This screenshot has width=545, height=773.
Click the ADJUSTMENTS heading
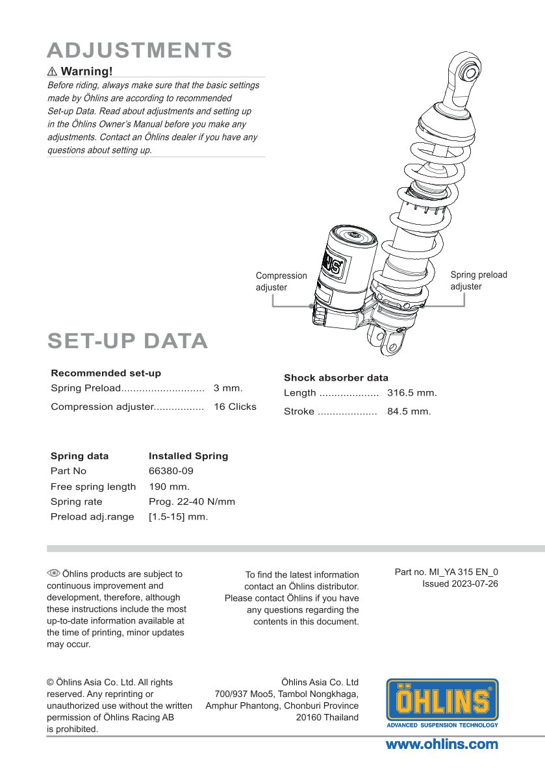pyautogui.click(x=140, y=50)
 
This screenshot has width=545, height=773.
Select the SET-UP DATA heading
pyautogui.click(x=127, y=341)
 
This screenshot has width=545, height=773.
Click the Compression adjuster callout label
pyautogui.click(x=281, y=281)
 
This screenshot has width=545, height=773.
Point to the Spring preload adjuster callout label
pyautogui.click(x=479, y=281)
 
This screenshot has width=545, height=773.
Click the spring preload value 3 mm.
pyautogui.click(x=227, y=388)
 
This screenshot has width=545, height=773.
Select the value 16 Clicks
pyautogui.click(x=234, y=407)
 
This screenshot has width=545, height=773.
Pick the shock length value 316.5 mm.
pyautogui.click(x=412, y=393)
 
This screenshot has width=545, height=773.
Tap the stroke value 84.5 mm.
pyautogui.click(x=409, y=411)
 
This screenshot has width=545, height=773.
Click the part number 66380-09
pyautogui.click(x=171, y=471)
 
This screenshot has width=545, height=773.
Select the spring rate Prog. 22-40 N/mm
pyautogui.click(x=192, y=502)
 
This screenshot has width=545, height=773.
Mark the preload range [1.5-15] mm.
pyautogui.click(x=178, y=517)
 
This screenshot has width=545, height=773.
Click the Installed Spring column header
pyautogui.click(x=188, y=456)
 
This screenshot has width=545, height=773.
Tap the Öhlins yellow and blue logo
pyautogui.click(x=442, y=703)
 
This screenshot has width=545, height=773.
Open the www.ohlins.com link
pyautogui.click(x=442, y=744)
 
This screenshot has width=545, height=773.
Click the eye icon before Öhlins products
pyautogui.click(x=53, y=573)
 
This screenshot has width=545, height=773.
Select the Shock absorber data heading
pyautogui.click(x=336, y=378)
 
